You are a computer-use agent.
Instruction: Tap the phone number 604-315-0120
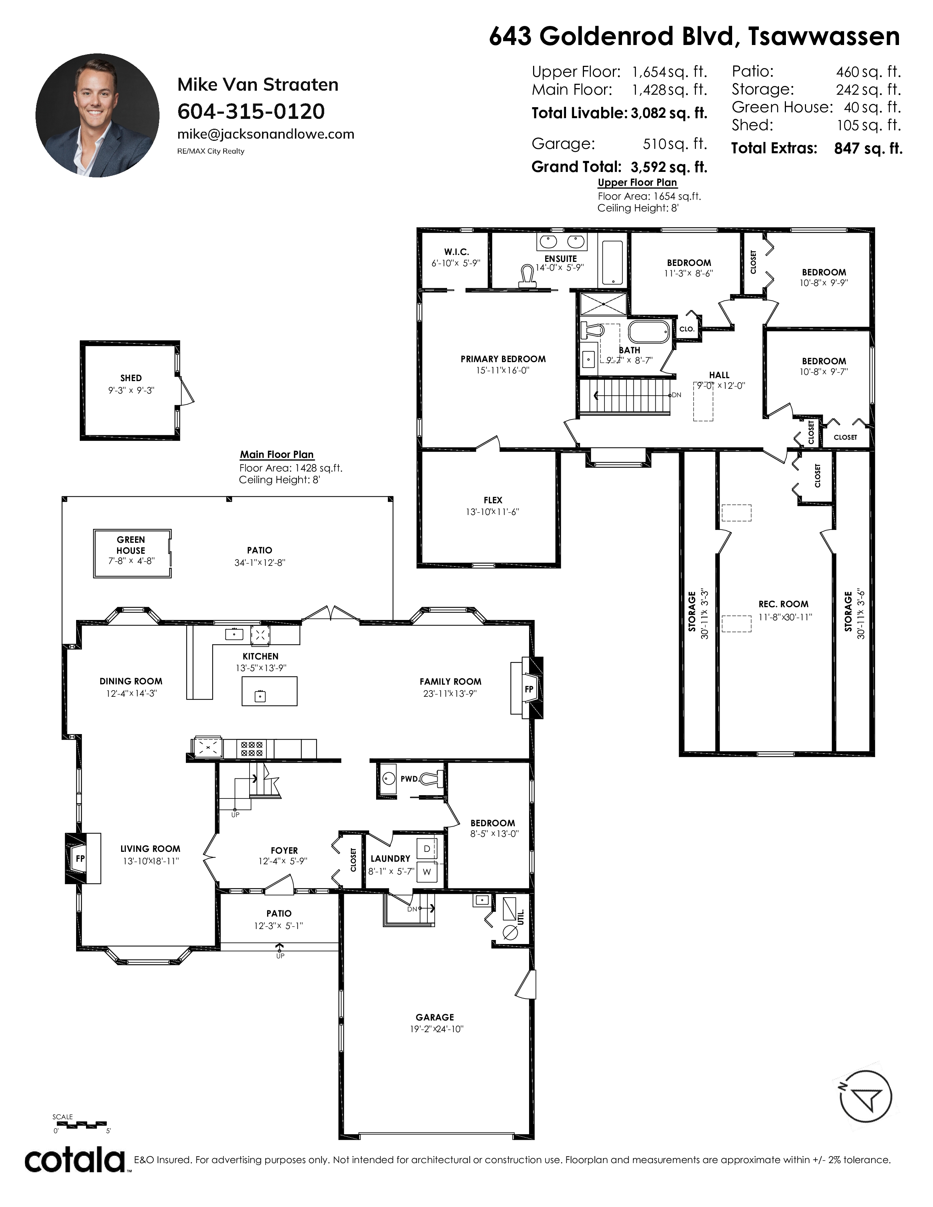pyautogui.click(x=251, y=112)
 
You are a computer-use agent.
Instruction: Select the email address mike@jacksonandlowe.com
pyautogui.click(x=266, y=134)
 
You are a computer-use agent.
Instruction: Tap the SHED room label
pyautogui.click(x=131, y=378)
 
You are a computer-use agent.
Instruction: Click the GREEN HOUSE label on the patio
pyautogui.click(x=131, y=545)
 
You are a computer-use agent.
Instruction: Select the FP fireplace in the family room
pyautogui.click(x=528, y=689)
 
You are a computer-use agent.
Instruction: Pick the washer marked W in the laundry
pyautogui.click(x=427, y=872)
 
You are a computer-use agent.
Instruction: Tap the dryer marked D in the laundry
pyautogui.click(x=427, y=849)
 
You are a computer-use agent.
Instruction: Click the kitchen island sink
pyautogui.click(x=260, y=696)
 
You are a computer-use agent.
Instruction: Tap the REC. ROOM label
pyautogui.click(x=783, y=604)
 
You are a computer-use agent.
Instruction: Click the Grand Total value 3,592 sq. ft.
pyautogui.click(x=669, y=167)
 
